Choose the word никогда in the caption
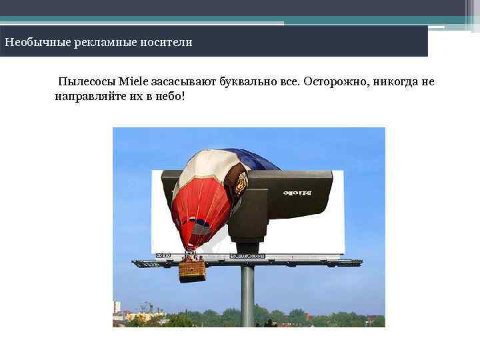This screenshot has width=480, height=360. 399,82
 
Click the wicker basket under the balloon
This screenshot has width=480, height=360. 192,270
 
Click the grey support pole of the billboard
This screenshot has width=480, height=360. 247,293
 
